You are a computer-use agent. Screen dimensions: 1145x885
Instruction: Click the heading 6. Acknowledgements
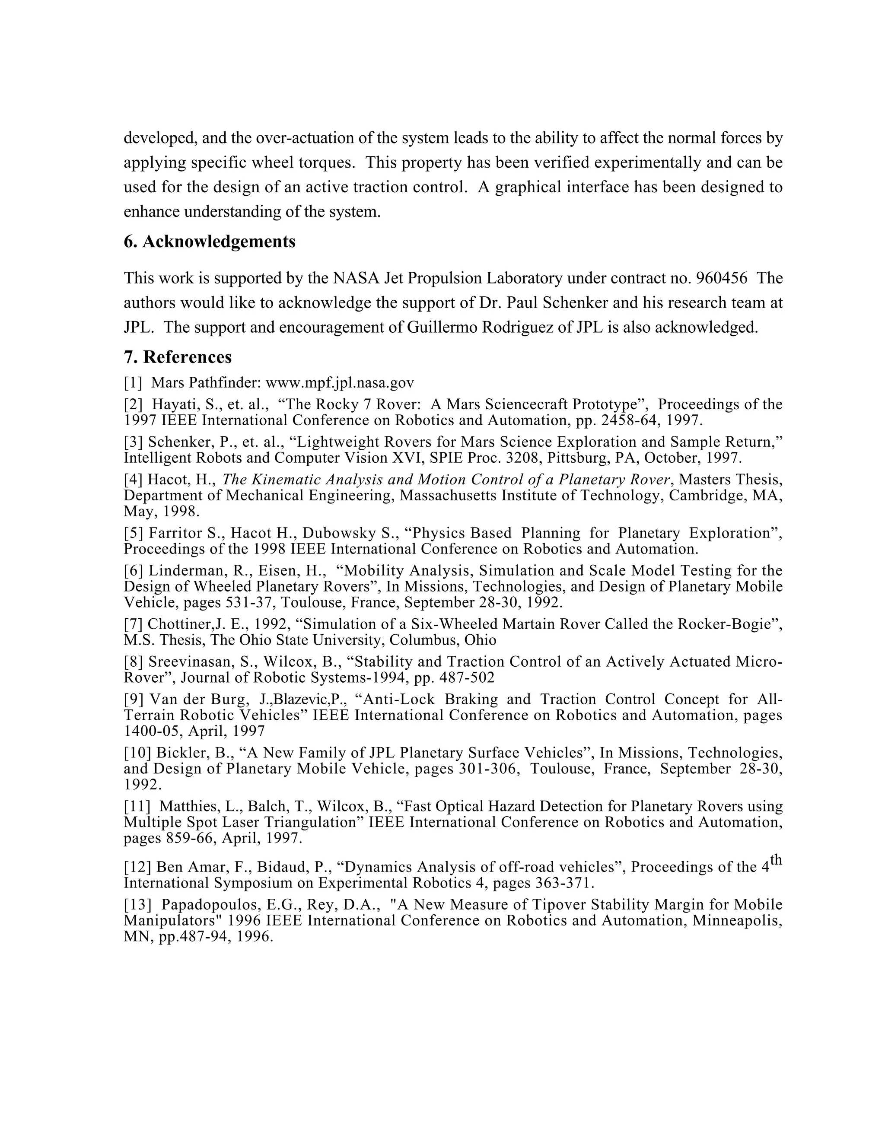coord(209,242)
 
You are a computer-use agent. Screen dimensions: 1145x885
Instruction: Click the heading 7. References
coord(177,357)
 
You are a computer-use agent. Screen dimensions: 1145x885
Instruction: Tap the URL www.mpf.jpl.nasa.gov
coord(340,383)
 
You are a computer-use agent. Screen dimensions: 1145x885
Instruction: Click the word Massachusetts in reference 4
coord(447,496)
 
